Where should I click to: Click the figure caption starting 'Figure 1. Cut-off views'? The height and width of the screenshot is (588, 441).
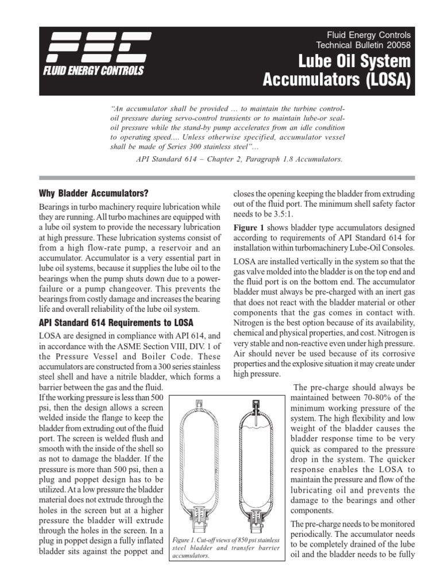[x=226, y=547]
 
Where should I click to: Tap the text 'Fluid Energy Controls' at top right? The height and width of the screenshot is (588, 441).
[x=369, y=36]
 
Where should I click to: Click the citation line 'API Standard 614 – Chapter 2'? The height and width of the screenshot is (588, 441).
[x=237, y=159]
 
